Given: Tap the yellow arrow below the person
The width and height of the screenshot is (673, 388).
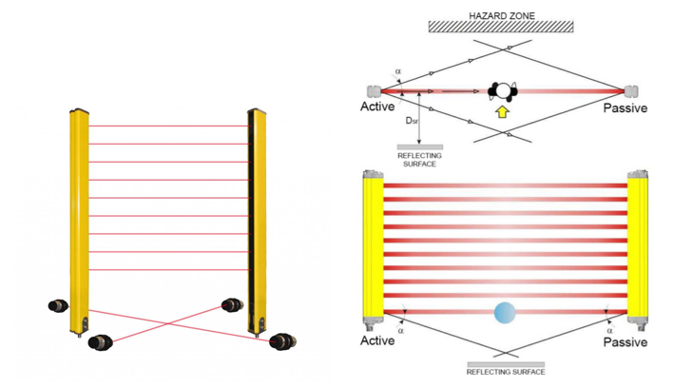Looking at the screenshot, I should point(502,112).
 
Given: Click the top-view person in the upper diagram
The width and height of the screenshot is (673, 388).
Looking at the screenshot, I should point(502,91).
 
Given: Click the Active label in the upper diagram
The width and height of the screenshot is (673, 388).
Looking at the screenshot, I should point(377,107).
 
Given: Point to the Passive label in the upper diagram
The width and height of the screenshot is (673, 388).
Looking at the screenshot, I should point(625,108).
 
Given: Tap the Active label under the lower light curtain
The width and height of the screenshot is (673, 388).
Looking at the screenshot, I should point(378,340).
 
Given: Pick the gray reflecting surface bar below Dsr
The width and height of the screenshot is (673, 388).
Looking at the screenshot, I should point(418,147).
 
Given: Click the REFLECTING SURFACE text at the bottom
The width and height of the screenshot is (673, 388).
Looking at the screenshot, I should point(506,373).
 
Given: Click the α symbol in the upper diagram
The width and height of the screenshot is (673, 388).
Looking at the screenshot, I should point(398,70).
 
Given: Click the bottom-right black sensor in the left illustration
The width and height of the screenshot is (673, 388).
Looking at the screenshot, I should point(282,341).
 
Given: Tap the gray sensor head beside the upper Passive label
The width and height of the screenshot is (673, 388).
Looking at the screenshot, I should point(632,92).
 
